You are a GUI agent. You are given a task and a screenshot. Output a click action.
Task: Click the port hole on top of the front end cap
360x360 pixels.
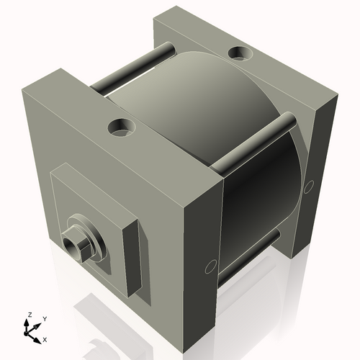(122, 128)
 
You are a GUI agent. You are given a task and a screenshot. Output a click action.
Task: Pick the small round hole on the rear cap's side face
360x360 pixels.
(308, 186)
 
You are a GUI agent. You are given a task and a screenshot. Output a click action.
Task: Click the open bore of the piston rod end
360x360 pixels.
(71, 243)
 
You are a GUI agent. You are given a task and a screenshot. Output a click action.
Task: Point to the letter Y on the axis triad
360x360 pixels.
(44, 318)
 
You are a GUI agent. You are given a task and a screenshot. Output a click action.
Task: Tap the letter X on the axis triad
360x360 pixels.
(45, 338)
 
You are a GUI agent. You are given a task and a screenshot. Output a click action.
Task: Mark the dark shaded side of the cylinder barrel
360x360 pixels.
(259, 194)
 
